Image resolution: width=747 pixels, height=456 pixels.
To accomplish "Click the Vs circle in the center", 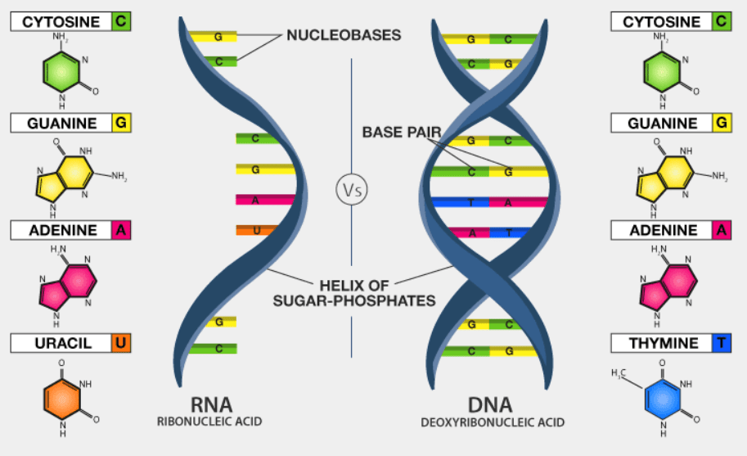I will [351, 190].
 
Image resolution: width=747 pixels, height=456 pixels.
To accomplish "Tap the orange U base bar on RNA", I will [257, 231].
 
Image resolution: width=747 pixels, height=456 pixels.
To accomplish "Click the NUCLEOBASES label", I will [344, 36].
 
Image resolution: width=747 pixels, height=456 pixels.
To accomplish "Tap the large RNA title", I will [211, 404].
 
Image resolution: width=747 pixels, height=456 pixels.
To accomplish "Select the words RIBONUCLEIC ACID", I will [211, 422].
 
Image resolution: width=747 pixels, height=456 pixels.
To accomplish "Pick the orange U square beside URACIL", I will [120, 342].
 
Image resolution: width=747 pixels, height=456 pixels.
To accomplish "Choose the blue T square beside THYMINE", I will [721, 343].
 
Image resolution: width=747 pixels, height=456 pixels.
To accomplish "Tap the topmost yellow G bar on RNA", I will [214, 37].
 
